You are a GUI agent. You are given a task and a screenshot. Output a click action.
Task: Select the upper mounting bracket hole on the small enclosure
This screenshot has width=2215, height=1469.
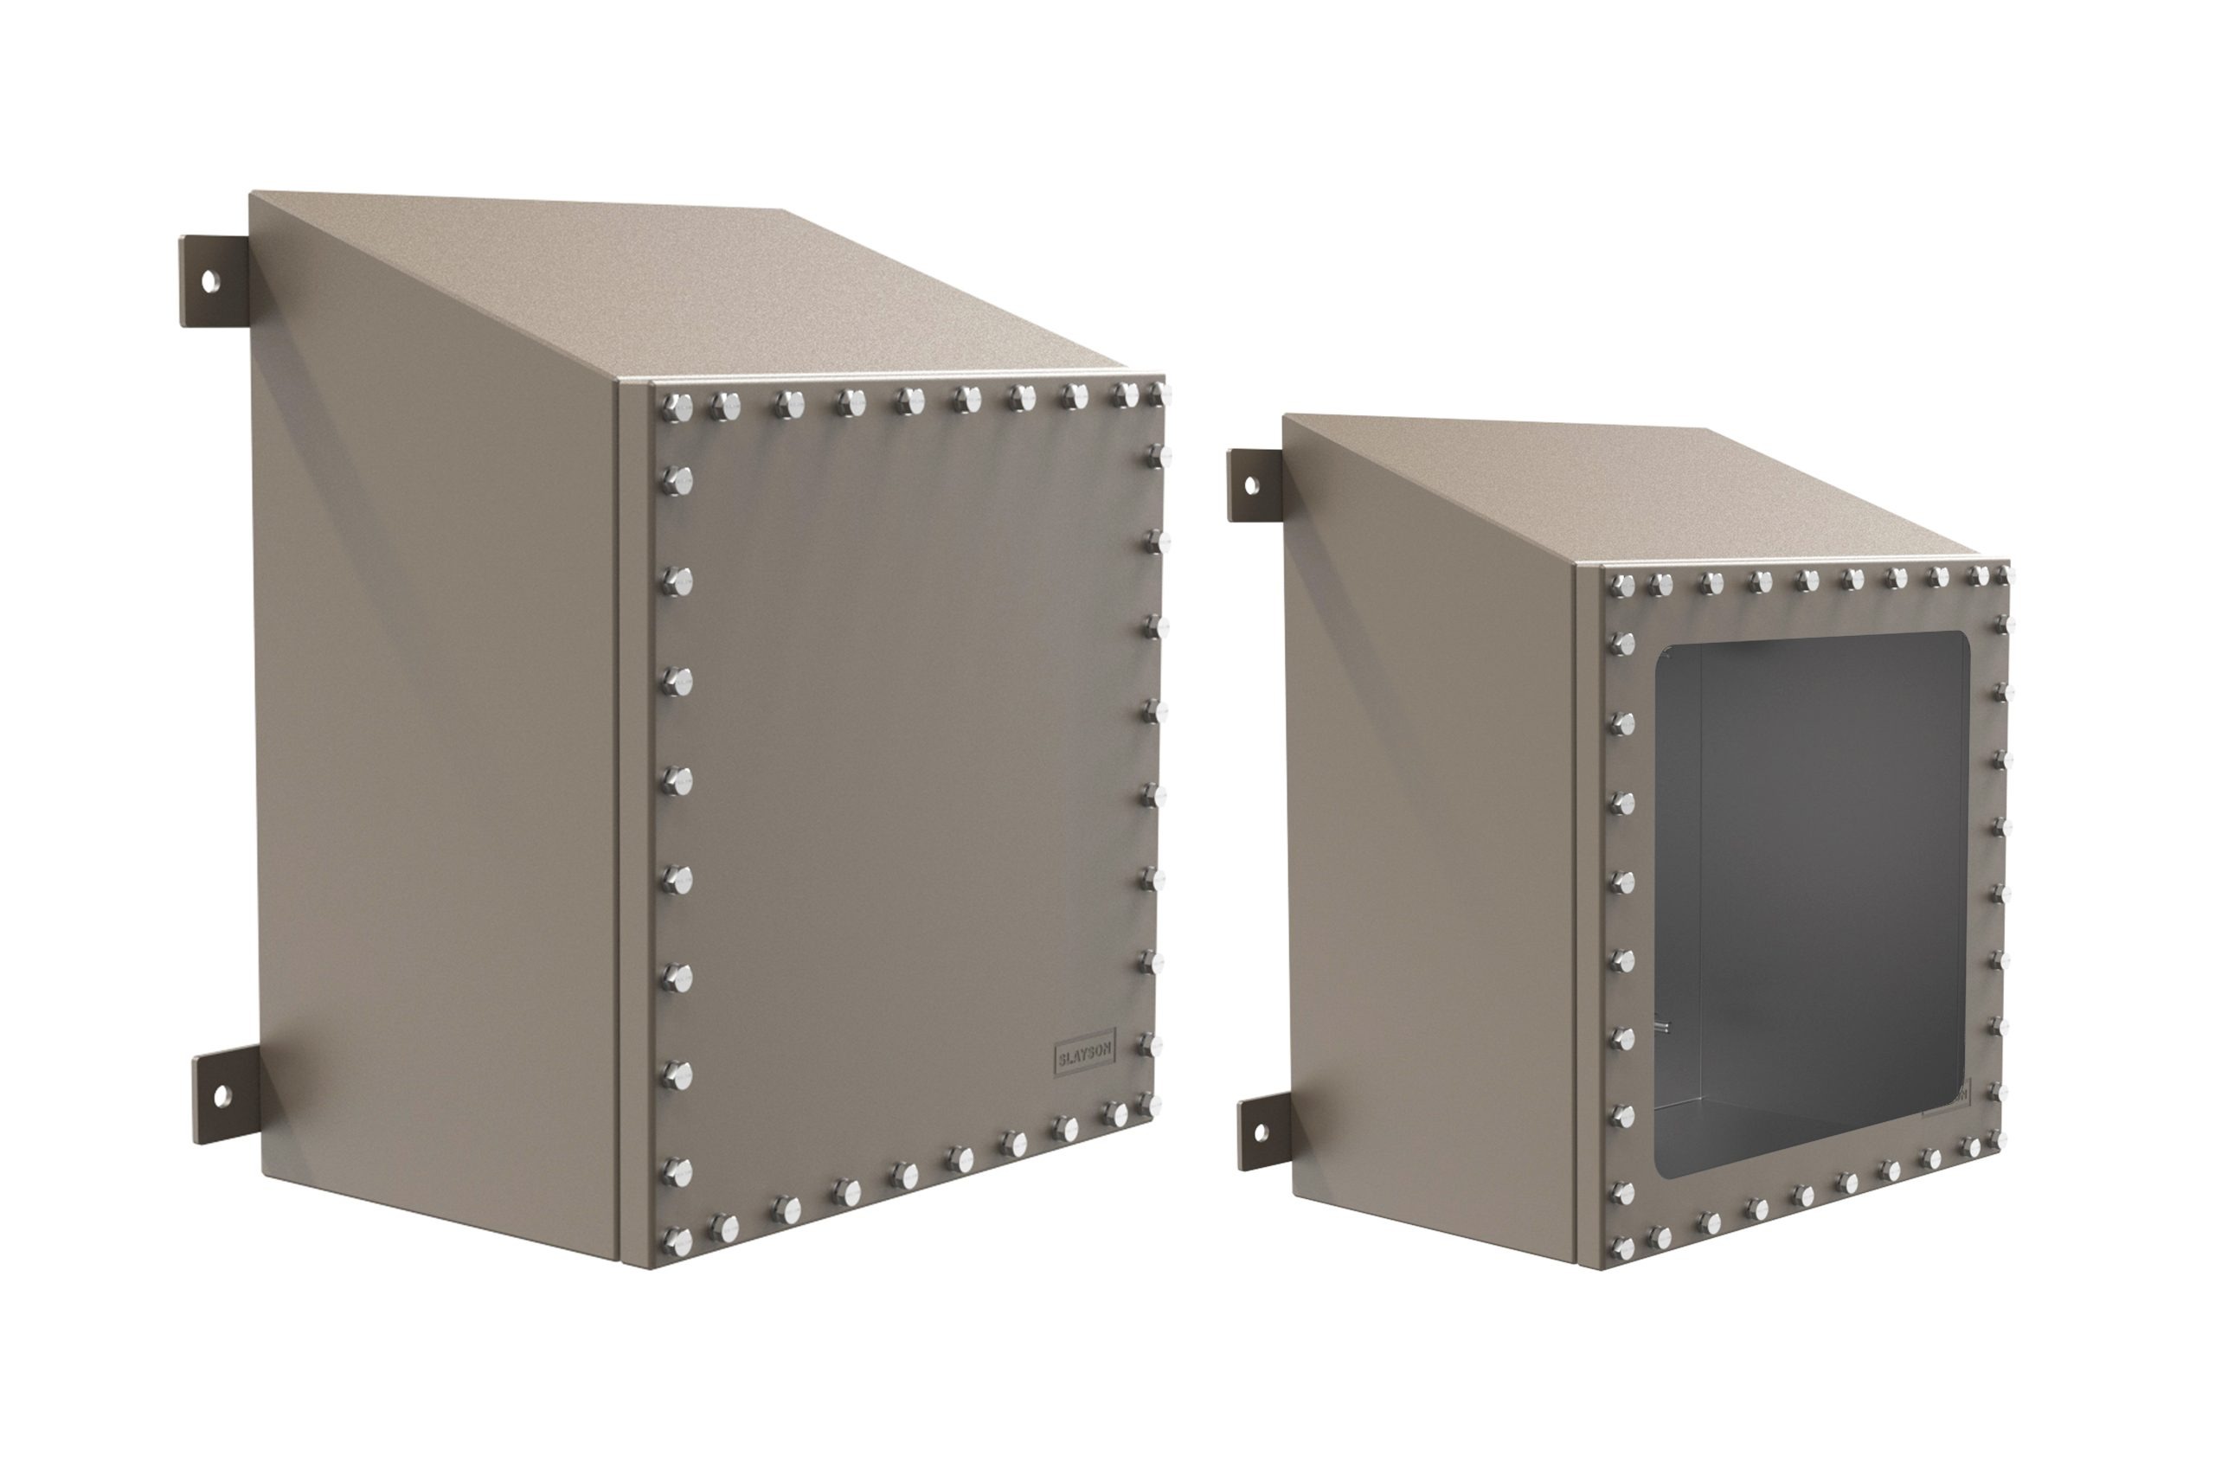[1250, 484]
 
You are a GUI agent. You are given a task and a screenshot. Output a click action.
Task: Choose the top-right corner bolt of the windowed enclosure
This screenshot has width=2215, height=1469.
[2000, 574]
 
